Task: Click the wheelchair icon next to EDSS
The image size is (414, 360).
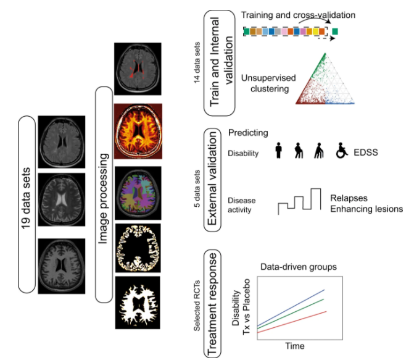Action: point(342,151)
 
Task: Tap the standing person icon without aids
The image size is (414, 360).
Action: point(278,151)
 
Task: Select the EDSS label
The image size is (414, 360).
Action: point(366,153)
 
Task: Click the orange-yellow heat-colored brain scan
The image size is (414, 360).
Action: point(138,131)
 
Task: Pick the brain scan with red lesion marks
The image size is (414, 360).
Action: point(138,69)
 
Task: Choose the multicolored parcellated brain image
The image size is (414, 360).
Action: point(138,193)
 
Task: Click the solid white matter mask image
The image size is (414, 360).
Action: point(138,303)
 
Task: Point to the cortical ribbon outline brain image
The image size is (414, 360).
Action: point(138,248)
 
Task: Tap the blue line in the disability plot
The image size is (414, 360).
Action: point(291,308)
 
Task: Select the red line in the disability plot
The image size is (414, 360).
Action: point(292,322)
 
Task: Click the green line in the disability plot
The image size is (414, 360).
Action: point(291,314)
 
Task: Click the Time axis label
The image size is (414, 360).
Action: point(295,346)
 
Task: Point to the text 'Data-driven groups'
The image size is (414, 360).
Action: point(299,267)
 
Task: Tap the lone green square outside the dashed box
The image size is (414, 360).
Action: point(335,31)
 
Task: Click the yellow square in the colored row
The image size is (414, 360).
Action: point(315,31)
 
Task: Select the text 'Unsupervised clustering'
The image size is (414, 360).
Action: point(268,83)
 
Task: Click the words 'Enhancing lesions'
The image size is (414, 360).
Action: point(366,209)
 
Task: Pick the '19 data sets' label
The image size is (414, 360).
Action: point(26,198)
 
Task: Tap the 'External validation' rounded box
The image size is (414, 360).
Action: point(212,180)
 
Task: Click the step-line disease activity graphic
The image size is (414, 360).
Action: point(299,201)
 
